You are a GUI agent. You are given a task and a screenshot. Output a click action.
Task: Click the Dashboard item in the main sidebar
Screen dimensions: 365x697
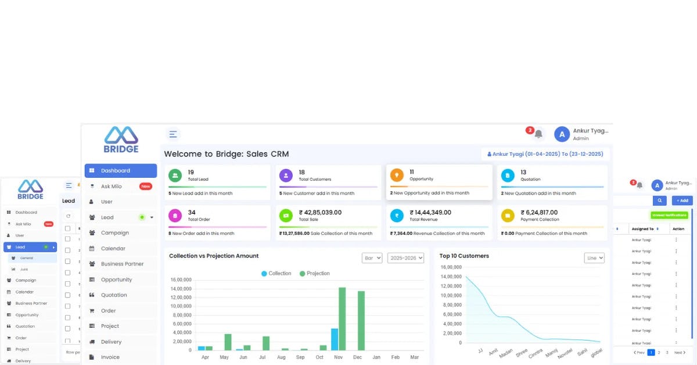pyautogui.click(x=120, y=171)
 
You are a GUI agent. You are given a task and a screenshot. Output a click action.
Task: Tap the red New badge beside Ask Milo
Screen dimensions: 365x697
pyautogui.click(x=146, y=187)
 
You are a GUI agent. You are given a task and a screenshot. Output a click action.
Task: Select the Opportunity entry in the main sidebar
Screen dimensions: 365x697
pyautogui.click(x=116, y=280)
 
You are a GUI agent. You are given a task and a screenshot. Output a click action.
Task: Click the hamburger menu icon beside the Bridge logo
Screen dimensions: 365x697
pyautogui.click(x=173, y=134)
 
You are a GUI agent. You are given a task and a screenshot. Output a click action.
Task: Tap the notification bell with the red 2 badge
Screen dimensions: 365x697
pyautogui.click(x=538, y=134)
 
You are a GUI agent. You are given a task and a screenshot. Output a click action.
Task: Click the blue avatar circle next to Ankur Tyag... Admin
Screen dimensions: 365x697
pyautogui.click(x=562, y=134)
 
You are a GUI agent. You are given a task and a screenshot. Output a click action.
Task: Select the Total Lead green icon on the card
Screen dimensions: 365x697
pyautogui.click(x=175, y=176)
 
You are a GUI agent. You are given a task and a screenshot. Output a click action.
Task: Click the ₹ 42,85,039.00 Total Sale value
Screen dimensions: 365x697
pyautogui.click(x=320, y=213)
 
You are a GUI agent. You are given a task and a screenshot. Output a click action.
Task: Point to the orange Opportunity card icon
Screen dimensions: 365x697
pyautogui.click(x=397, y=176)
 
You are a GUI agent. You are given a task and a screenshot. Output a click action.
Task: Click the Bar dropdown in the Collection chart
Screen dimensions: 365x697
pyautogui.click(x=372, y=257)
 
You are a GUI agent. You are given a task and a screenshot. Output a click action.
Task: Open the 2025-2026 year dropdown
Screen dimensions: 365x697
pyautogui.click(x=405, y=257)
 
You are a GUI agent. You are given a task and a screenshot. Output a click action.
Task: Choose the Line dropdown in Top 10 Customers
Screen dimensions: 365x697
pyautogui.click(x=594, y=257)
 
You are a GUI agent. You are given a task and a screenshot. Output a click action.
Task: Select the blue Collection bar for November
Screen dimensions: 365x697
pyautogui.click(x=335, y=339)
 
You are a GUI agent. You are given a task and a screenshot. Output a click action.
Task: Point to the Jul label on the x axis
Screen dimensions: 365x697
pyautogui.click(x=262, y=357)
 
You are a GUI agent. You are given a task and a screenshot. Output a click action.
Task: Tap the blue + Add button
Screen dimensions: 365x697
pyautogui.click(x=682, y=201)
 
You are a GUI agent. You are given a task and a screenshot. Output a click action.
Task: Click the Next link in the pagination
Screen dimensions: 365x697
pyautogui.click(x=679, y=352)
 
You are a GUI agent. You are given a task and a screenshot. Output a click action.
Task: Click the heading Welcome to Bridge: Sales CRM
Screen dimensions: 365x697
pyautogui.click(x=226, y=154)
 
